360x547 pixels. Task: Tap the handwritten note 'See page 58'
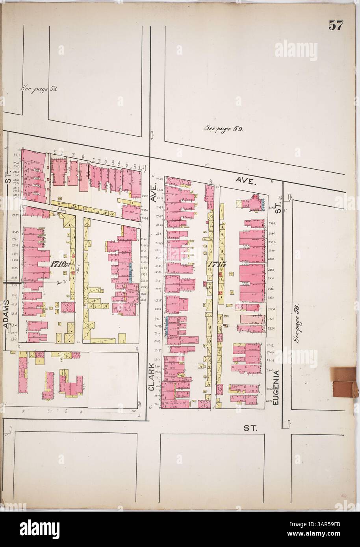tap(39, 89)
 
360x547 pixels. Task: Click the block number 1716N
tap(59, 264)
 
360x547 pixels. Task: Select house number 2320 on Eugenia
tap(271, 328)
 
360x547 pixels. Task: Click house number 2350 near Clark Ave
tap(145, 196)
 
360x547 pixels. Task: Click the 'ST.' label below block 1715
tap(248, 429)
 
